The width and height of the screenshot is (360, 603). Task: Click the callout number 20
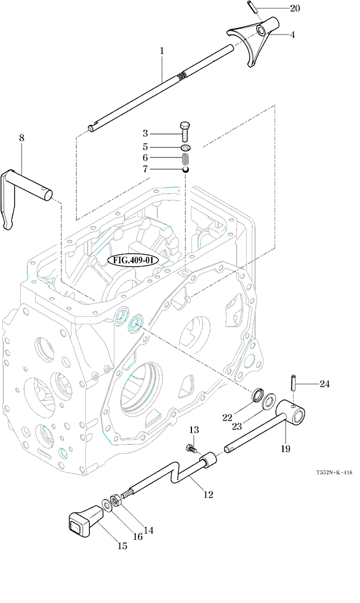coord(294,8)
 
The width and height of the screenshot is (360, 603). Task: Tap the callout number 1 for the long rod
coord(162,51)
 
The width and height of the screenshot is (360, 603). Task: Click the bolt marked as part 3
coord(186,133)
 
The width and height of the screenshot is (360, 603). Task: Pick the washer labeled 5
coord(186,147)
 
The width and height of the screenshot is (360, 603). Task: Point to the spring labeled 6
coord(186,159)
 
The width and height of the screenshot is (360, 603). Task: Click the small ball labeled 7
coord(186,169)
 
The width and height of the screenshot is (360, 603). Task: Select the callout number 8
coord(22,137)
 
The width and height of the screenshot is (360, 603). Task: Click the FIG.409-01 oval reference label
coord(133,260)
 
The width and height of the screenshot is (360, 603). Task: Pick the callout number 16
coord(138,537)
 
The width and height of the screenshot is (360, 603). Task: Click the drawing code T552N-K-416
coord(334,472)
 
